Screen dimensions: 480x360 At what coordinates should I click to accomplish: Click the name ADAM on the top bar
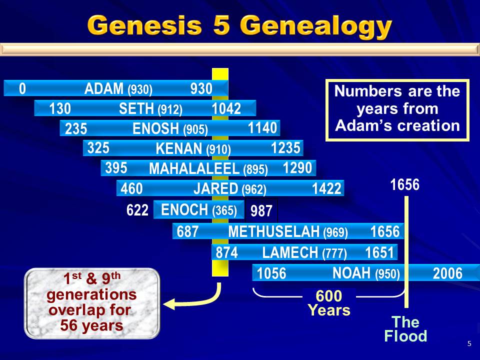tap(104, 89)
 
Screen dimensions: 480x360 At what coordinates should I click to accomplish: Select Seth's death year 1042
tap(226, 108)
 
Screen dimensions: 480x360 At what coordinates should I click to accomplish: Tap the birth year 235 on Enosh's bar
tap(76, 128)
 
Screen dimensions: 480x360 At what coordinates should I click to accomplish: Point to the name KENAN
tap(179, 149)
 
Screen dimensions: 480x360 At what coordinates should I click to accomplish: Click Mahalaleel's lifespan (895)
tap(255, 169)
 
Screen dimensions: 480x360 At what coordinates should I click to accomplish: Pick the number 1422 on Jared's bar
tap(326, 188)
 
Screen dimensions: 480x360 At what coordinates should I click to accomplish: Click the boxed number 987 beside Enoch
tap(261, 211)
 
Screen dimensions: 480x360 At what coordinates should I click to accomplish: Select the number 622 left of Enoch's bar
tap(137, 210)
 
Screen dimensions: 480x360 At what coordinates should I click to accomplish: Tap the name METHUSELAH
tap(274, 231)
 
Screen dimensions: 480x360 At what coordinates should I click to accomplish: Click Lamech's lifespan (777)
tap(334, 253)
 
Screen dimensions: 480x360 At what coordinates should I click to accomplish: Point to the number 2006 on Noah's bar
tap(447, 273)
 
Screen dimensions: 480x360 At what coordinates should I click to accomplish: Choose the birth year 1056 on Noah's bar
tap(271, 273)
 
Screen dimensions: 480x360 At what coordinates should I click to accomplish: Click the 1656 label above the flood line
tap(404, 184)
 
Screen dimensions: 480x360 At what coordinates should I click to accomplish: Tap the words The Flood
tap(405, 329)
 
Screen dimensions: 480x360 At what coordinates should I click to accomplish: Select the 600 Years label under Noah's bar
tap(329, 303)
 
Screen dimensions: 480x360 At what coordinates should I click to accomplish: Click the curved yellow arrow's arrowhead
tap(169, 304)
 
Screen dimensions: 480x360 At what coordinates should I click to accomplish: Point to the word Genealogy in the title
tap(316, 26)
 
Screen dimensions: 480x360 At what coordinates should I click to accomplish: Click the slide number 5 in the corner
tap(469, 343)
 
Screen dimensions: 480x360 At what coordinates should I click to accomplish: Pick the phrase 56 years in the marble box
tap(91, 325)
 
